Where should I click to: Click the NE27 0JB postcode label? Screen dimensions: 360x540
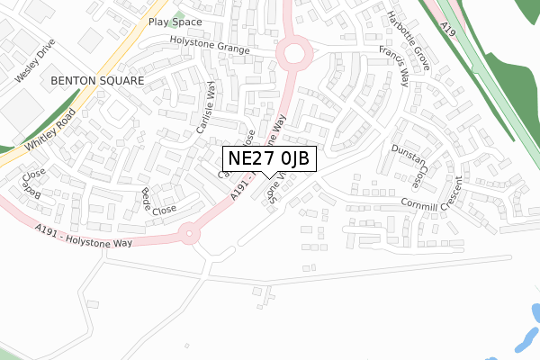click(268, 158)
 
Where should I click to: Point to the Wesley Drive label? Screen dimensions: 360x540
click(35, 60)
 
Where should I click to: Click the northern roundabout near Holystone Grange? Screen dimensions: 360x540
click(292, 54)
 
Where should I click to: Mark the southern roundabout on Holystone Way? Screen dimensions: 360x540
click(188, 232)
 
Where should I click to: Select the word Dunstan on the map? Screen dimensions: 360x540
click(408, 154)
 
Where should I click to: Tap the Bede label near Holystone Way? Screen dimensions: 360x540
click(146, 197)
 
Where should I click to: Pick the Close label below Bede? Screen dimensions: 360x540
click(164, 211)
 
